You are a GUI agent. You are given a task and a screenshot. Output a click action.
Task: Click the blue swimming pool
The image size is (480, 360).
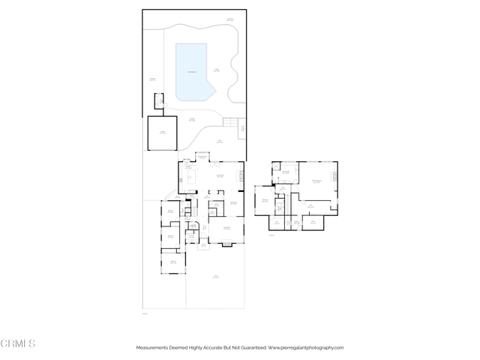click(x=193, y=72)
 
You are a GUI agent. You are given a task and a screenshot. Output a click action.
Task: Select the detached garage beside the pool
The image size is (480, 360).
click(x=161, y=133)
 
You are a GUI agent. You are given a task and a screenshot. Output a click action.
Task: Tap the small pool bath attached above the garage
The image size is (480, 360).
click(x=159, y=101)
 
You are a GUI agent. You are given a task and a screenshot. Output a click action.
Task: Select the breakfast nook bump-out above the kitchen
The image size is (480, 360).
click(x=202, y=157)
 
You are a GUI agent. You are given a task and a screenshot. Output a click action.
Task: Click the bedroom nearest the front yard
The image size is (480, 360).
click(x=173, y=262)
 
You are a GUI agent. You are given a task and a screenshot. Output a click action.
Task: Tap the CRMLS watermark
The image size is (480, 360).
click(x=18, y=343)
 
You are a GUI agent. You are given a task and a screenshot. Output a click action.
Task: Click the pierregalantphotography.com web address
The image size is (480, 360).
click(x=306, y=347)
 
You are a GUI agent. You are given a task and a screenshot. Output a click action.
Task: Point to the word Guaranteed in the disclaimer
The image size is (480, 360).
click(x=250, y=347)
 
